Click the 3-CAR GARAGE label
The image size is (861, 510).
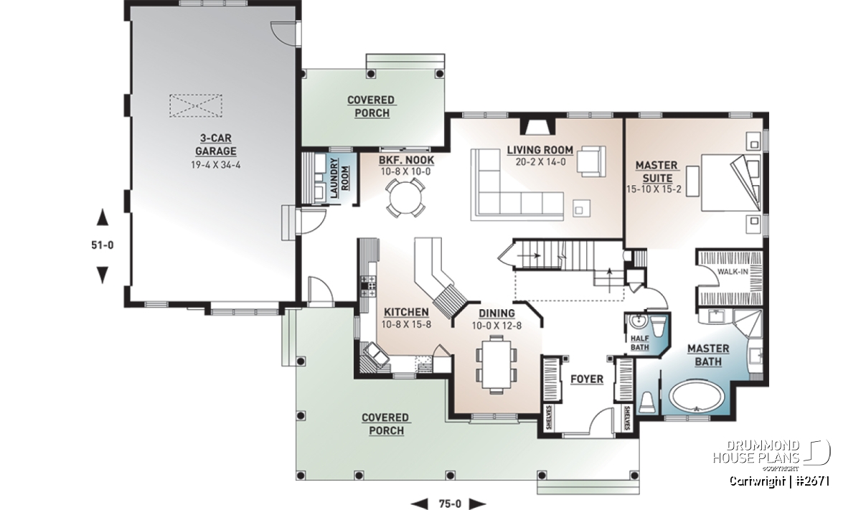pyautogui.click(x=216, y=144)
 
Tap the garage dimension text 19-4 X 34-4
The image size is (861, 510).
pyautogui.click(x=216, y=165)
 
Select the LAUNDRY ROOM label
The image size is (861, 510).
pyautogui.click(x=339, y=178)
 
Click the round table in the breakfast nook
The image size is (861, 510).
pyautogui.click(x=405, y=198)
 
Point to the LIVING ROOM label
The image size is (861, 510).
pyautogui.click(x=540, y=150)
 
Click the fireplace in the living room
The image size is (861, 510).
pyautogui.click(x=538, y=126)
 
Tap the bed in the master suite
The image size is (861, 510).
pyautogui.click(x=730, y=183)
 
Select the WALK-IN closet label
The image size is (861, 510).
pyautogui.click(x=733, y=272)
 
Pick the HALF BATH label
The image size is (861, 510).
pyautogui.click(x=639, y=343)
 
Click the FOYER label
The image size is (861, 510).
pyautogui.click(x=587, y=379)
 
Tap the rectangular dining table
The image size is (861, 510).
pyautogui.click(x=497, y=362)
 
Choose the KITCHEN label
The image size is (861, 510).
pyautogui.click(x=406, y=312)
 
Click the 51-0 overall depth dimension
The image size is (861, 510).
pyautogui.click(x=102, y=245)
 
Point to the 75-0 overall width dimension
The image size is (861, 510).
pyautogui.click(x=450, y=504)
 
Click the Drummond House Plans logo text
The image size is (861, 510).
pyautogui.click(x=756, y=452)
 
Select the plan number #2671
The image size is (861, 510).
pyautogui.click(x=811, y=481)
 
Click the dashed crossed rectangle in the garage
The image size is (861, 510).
pyautogui.click(x=196, y=105)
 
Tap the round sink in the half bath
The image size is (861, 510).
pyautogui.click(x=639, y=321)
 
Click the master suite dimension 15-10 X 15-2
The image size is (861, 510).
pyautogui.click(x=654, y=189)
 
